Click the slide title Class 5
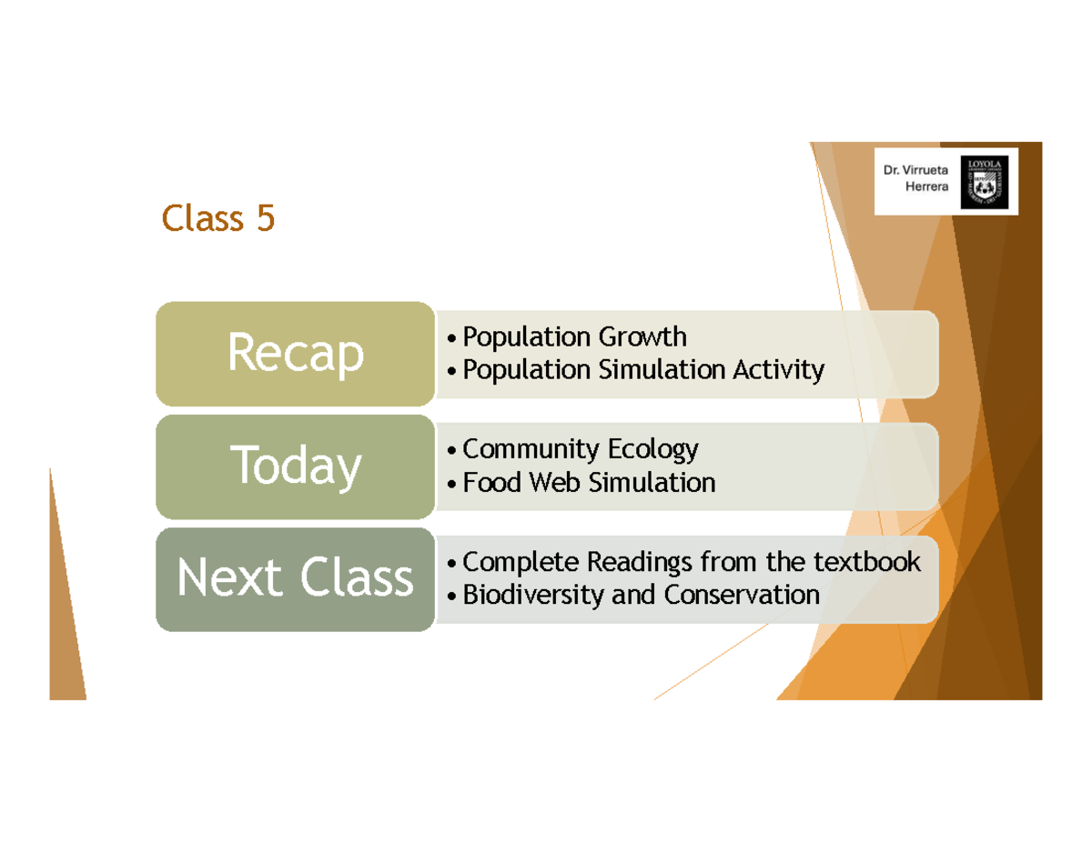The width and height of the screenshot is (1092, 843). [217, 219]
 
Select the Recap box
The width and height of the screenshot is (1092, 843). [295, 354]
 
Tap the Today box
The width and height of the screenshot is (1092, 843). [295, 467]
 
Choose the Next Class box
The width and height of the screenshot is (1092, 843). [295, 579]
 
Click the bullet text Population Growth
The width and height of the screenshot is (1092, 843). [574, 337]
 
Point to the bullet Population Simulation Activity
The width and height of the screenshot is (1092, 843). [642, 370]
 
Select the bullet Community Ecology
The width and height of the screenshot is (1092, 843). [580, 449]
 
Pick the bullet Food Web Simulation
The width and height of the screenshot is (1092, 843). [589, 482]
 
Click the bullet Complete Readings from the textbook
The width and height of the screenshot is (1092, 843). [692, 562]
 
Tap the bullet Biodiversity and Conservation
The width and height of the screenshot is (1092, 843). [641, 595]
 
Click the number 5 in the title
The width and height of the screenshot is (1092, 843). [265, 219]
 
